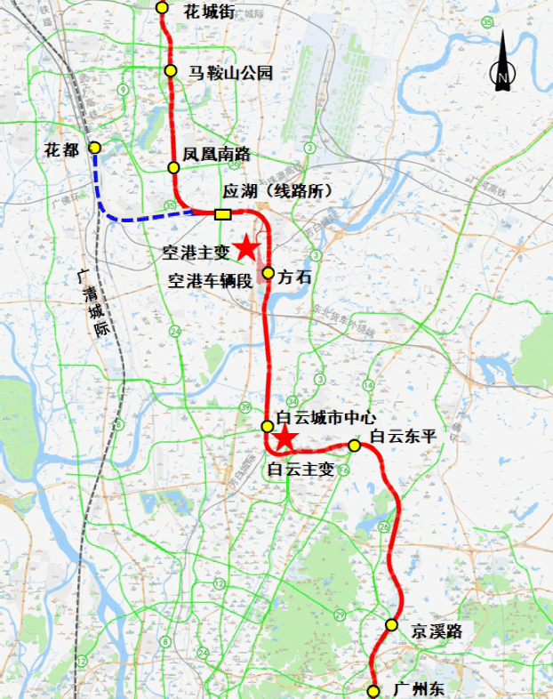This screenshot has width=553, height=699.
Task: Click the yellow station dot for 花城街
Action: [x=162, y=8]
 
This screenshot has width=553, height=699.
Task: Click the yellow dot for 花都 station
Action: [x=95, y=149]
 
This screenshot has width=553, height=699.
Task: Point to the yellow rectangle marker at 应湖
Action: [x=222, y=213]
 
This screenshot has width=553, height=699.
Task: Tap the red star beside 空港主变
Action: [x=246, y=248]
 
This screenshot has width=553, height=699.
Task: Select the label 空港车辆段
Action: [x=211, y=281]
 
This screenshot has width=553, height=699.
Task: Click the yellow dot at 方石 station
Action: [x=268, y=273]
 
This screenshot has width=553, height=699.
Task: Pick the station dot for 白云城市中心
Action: [x=267, y=427]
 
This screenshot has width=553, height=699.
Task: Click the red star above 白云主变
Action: [x=285, y=438]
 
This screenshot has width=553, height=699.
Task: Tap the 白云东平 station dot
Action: [x=354, y=445]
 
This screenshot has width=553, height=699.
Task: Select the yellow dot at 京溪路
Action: [x=391, y=625]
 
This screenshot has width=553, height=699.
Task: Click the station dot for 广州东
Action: [x=373, y=690]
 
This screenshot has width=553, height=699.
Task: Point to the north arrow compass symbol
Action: [x=502, y=62]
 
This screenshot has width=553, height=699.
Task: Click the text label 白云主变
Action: [x=301, y=470]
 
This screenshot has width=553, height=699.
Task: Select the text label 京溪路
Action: [x=437, y=631]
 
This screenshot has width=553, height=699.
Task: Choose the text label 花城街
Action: [x=208, y=12]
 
